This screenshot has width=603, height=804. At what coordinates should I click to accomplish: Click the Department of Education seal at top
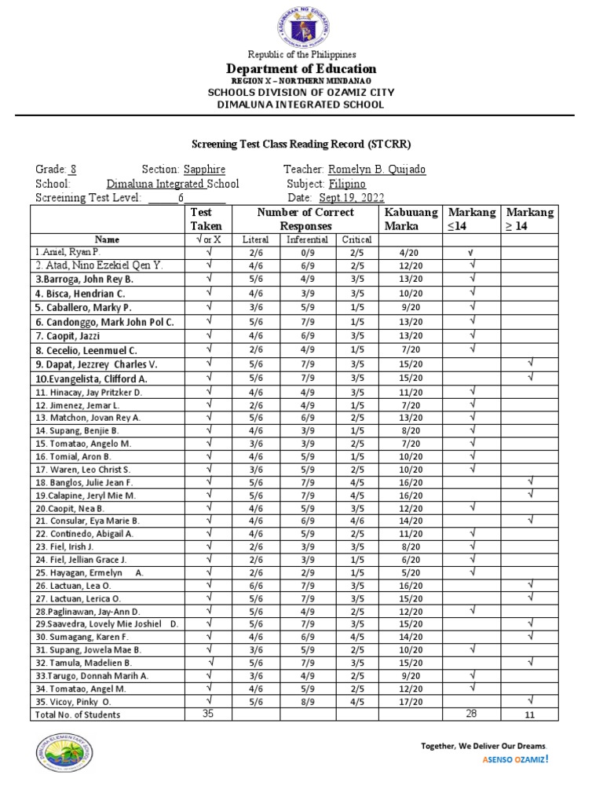pos(301,24)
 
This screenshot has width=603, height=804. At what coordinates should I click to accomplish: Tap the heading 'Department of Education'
pos(301,68)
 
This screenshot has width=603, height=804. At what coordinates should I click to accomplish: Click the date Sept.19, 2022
pos(352,198)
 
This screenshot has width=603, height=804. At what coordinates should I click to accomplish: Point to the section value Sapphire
pos(204,170)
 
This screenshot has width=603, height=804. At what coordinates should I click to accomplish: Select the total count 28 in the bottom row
pos(471,714)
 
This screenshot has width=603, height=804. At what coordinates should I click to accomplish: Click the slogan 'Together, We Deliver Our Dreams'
pos(484,745)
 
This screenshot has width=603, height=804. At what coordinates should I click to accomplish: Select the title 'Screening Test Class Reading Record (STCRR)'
pos(301,144)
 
